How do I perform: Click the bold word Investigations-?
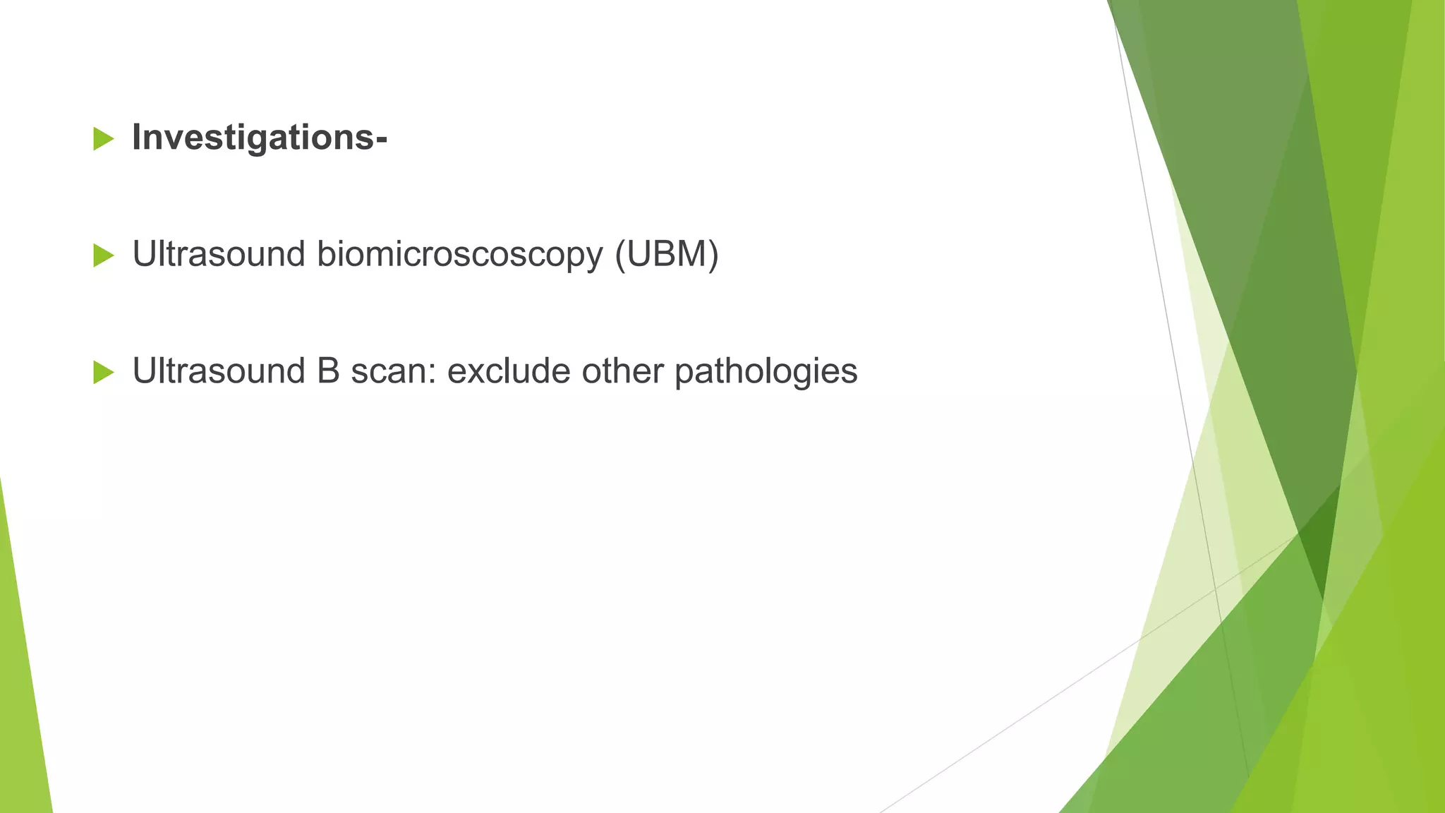[259, 138]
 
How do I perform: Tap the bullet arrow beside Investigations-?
[103, 139]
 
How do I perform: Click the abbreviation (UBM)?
[666, 255]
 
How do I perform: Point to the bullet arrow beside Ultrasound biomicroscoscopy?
[103, 255]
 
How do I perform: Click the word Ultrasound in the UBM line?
[219, 255]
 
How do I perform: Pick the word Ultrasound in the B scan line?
[219, 371]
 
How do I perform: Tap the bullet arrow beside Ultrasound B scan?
[103, 372]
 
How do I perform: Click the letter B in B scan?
[328, 371]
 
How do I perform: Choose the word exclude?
[509, 371]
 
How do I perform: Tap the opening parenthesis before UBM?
[620, 255]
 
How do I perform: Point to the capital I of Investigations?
[138, 138]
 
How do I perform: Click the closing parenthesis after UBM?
[713, 255]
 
